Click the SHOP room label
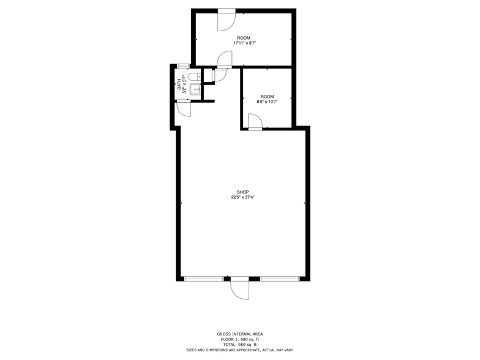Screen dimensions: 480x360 pos(242,192)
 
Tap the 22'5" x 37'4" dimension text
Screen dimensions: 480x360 pos(242,197)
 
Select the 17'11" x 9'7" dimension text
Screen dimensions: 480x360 pos(245,43)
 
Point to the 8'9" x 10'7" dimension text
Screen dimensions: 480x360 pos(267,102)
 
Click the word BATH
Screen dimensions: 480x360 pos(179,84)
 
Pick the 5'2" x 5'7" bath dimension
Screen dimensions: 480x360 pos(184,84)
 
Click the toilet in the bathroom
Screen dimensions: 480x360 pos(194,77)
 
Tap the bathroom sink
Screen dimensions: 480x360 pos(195,89)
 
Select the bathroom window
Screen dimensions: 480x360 pos(183,66)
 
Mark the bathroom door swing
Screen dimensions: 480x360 pos(184,109)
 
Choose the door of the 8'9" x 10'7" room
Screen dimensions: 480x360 pos(255,122)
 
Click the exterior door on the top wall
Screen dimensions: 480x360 pos(227,20)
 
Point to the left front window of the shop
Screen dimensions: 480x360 pos(204,279)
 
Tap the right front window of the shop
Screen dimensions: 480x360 pos(280,279)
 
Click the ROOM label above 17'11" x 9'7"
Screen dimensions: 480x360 pos(244,38)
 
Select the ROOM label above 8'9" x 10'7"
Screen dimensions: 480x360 pos(267,97)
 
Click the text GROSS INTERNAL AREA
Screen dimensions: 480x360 pos(240,334)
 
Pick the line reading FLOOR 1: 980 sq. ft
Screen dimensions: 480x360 pos(240,339)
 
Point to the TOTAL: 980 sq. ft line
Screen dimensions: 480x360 pos(240,344)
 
